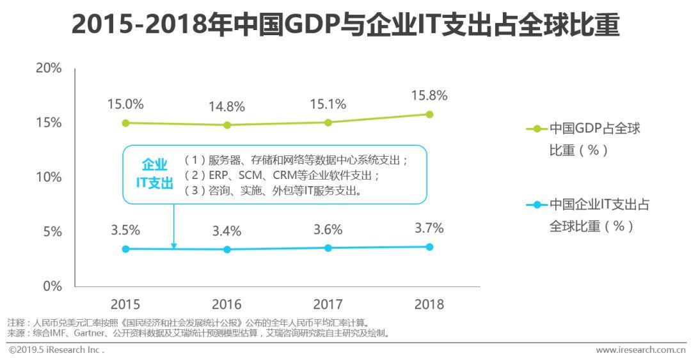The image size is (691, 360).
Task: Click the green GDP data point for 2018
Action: [429, 114]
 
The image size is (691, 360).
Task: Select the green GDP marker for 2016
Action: [227, 125]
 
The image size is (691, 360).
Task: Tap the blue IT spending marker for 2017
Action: [328, 247]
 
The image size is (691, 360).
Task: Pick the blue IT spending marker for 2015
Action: [126, 249]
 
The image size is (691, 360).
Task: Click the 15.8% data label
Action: [429, 95]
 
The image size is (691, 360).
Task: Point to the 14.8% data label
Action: [227, 106]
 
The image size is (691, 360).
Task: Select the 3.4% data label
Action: [227, 231]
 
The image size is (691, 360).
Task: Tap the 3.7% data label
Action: [429, 228]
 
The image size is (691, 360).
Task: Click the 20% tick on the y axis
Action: [48, 68]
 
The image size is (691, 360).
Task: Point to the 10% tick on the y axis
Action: [48, 177]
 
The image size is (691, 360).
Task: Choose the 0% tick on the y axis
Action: [52, 286]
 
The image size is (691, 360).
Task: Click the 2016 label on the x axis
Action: [227, 304]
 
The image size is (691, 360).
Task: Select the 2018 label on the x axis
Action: [429, 304]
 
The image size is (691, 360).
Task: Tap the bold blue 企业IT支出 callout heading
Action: [154, 174]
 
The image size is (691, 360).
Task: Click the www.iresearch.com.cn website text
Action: [640, 350]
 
